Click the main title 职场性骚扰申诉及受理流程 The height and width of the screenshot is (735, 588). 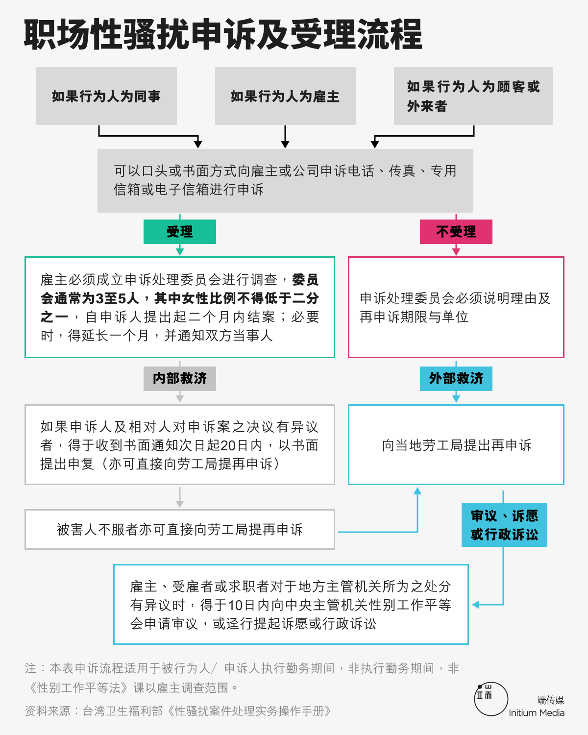point(223,34)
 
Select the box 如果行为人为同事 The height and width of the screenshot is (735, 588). point(107,96)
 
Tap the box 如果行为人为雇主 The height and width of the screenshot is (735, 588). point(285,96)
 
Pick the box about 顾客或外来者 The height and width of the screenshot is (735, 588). point(473,96)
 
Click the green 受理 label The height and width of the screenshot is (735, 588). point(180,232)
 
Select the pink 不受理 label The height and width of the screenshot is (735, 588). point(456,232)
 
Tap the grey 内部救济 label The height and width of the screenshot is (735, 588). point(180,378)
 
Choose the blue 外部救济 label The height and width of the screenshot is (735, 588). point(456,378)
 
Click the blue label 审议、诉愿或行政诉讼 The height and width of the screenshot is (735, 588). point(504,525)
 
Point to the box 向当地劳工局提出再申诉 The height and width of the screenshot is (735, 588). point(456,445)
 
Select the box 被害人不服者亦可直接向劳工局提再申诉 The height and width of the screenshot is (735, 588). point(180,529)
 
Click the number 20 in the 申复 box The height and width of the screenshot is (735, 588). point(228,445)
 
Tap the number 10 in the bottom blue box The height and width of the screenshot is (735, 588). point(235,605)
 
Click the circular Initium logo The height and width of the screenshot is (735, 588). point(491,699)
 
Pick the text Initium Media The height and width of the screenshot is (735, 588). point(537,713)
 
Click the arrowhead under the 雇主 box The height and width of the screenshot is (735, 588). point(285,144)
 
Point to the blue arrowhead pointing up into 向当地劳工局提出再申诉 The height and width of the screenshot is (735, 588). point(417,491)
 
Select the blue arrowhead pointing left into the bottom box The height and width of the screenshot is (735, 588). point(476,605)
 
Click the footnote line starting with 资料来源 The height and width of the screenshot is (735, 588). point(178,711)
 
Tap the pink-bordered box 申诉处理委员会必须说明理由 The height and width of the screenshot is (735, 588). point(456,307)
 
